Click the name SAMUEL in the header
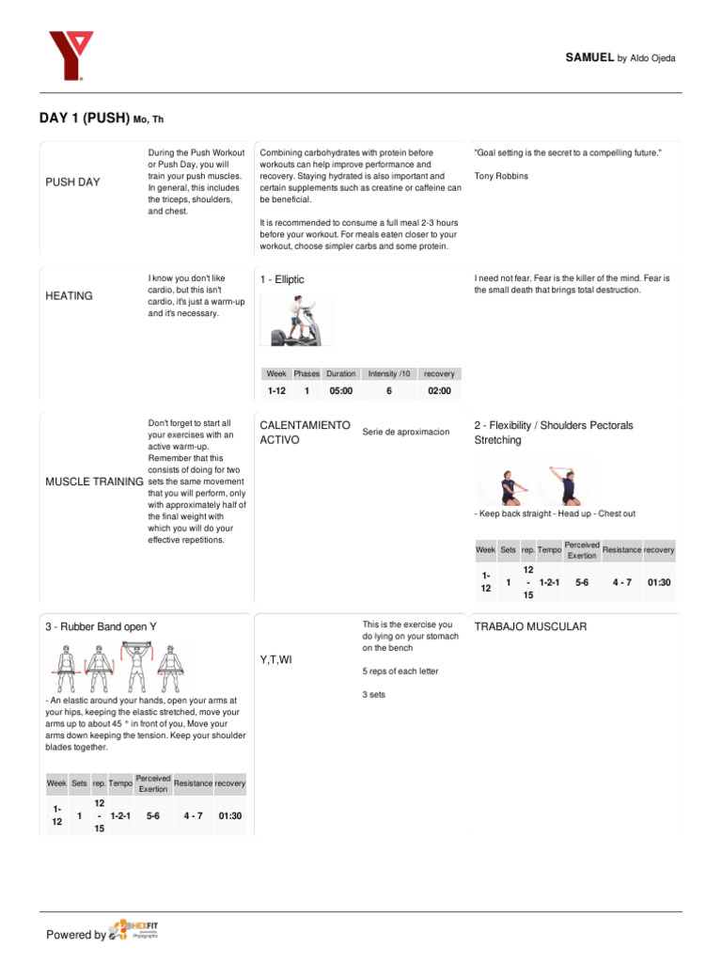point(589,58)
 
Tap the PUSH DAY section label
point(72,182)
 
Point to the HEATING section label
point(69,296)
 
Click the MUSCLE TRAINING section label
point(94,482)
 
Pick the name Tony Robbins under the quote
point(501,176)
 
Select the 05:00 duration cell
point(340,391)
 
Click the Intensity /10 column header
point(389,373)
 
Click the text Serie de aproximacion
point(405,432)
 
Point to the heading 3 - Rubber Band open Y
point(101,627)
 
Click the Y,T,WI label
point(275,660)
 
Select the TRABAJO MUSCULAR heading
point(530,626)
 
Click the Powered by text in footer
point(76,935)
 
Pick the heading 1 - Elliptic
point(282,280)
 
